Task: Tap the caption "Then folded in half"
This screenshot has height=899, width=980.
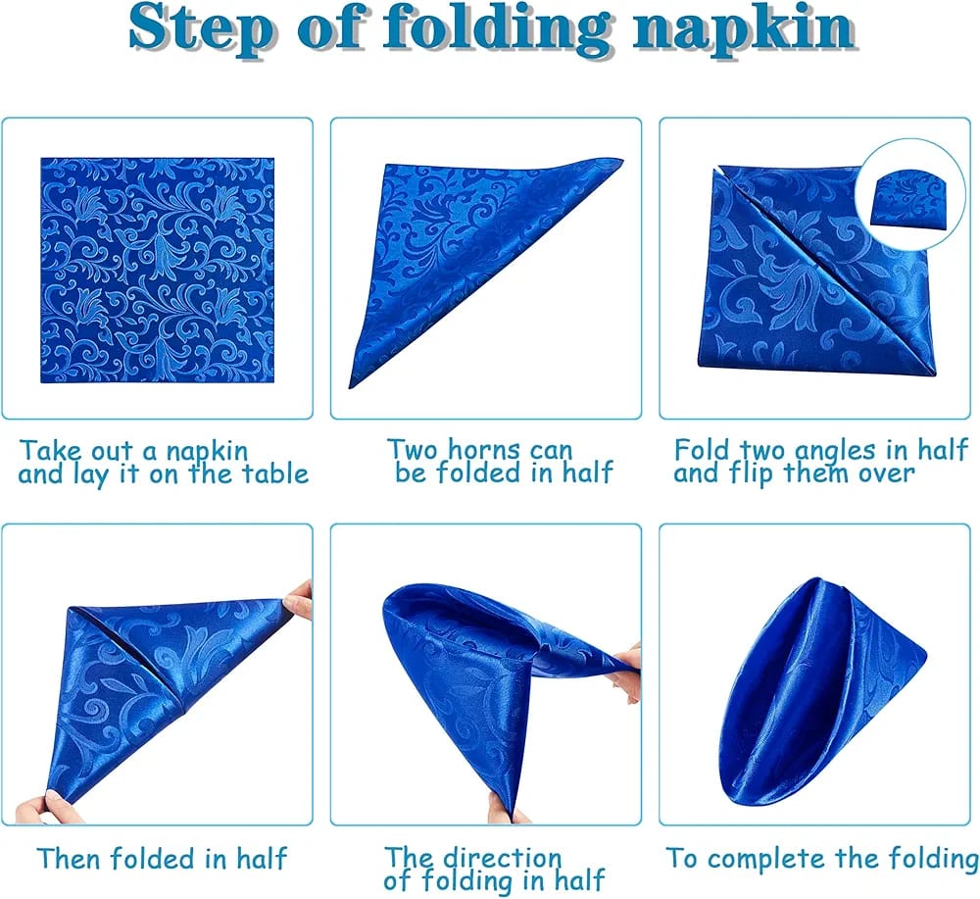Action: [x=162, y=859]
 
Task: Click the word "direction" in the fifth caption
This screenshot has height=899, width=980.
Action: [x=500, y=859]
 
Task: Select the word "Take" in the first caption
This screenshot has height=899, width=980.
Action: [x=50, y=451]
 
